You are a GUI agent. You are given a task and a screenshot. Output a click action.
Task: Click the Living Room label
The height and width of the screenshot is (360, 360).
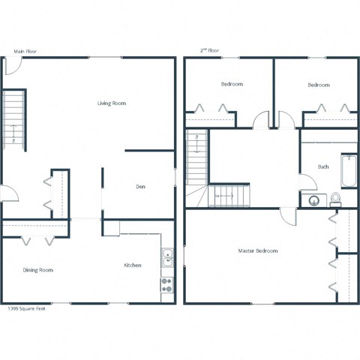(111, 103)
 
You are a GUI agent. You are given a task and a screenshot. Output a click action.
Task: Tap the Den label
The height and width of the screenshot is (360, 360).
(140, 187)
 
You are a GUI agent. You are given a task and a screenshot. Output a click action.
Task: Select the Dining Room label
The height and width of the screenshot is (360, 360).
(38, 270)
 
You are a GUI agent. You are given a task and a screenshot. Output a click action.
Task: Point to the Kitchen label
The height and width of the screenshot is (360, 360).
(133, 265)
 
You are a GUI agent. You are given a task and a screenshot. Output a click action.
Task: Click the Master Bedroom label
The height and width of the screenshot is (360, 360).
(258, 250)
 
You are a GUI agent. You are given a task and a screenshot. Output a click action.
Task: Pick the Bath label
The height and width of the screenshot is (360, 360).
(323, 166)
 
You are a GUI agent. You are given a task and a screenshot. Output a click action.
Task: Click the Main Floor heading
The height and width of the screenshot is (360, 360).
(25, 52)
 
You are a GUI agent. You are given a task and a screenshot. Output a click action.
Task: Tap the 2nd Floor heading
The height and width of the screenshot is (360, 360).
(211, 51)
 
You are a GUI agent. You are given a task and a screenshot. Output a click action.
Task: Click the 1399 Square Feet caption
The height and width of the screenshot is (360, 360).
(26, 308)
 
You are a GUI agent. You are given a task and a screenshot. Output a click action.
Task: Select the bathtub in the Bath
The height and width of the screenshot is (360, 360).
(348, 171)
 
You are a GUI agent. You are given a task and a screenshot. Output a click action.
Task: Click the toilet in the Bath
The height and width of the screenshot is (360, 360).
(335, 199)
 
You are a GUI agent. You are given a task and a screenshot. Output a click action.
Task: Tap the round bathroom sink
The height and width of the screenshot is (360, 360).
(312, 200)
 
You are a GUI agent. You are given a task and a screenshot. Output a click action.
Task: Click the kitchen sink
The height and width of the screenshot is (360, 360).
(167, 257)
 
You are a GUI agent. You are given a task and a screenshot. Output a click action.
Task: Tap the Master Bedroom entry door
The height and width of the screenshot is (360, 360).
(289, 214)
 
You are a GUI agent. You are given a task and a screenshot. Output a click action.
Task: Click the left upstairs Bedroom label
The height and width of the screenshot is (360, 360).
(232, 85)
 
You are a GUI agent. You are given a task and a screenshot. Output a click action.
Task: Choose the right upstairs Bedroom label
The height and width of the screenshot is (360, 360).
(319, 85)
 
